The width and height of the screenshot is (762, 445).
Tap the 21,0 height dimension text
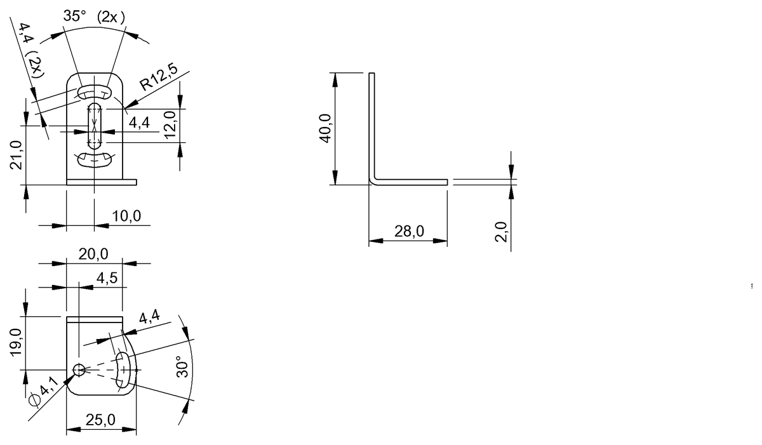17,156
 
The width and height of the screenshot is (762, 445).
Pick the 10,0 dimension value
126,216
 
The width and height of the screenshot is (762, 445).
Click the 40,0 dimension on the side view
325,129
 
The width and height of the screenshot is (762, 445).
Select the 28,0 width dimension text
409,232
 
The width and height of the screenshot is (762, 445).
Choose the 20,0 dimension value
93,254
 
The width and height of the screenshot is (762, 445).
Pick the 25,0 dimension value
100,420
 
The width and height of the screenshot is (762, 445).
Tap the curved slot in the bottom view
124,369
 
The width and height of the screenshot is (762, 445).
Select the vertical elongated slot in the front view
94,125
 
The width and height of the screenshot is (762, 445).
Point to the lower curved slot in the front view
94,158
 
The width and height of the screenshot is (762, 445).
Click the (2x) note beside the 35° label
110,17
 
